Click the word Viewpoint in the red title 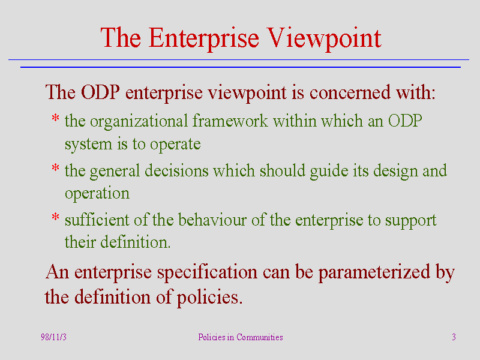click(x=324, y=38)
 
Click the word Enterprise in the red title click(x=204, y=38)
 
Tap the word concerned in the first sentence click(x=350, y=92)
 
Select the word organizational click(x=139, y=122)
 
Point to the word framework click(x=230, y=121)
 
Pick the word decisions click(x=176, y=170)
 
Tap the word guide click(x=329, y=172)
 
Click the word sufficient click(x=97, y=220)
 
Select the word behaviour click(x=212, y=220)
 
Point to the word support click(x=411, y=221)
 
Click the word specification click(x=207, y=273)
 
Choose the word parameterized click(x=374, y=273)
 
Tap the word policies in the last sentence click(x=209, y=298)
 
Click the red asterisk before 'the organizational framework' click(x=55, y=118)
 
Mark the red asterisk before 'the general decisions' click(x=55, y=168)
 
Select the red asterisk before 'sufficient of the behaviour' click(x=55, y=217)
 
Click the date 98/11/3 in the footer click(x=53, y=337)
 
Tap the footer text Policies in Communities click(x=241, y=337)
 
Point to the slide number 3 click(x=454, y=337)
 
